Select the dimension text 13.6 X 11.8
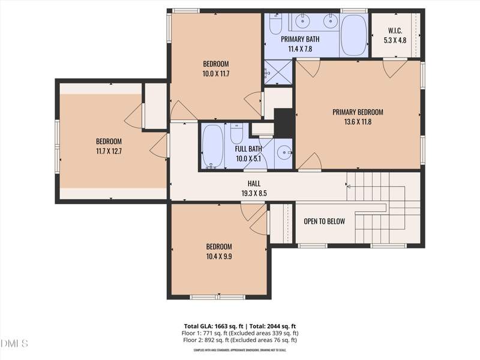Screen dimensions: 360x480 (x=358, y=122)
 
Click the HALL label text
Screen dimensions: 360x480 (x=254, y=184)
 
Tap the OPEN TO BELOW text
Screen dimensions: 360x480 (x=324, y=221)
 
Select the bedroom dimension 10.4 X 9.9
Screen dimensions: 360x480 (x=218, y=256)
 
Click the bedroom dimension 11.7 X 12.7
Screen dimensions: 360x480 (x=109, y=151)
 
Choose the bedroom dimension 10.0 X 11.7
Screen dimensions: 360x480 (x=216, y=74)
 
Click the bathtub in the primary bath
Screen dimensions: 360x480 (x=354, y=34)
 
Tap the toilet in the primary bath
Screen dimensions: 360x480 (x=275, y=24)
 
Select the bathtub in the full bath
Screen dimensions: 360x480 (x=212, y=146)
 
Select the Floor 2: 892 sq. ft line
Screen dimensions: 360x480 (x=240, y=340)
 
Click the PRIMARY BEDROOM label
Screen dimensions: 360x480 (x=358, y=112)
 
